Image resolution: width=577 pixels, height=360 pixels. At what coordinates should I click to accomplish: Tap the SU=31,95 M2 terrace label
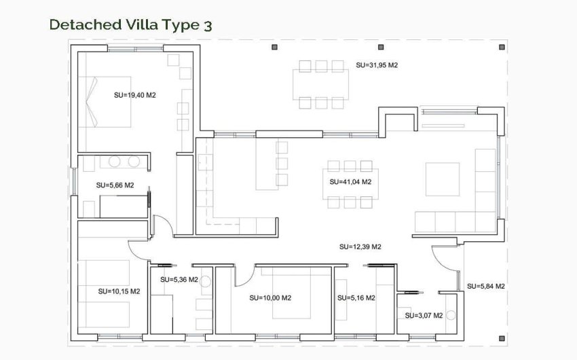pyautogui.click(x=376, y=66)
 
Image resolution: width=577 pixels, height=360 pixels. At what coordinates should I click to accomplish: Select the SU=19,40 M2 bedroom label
pyautogui.click(x=135, y=95)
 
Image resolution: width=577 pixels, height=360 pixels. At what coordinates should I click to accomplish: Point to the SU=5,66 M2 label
pyautogui.click(x=115, y=185)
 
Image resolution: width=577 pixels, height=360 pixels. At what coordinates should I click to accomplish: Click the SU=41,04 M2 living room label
pyautogui.click(x=350, y=182)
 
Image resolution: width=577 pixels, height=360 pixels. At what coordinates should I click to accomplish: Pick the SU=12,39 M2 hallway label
pyautogui.click(x=359, y=247)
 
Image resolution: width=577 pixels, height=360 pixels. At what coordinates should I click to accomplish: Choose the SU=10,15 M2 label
pyautogui.click(x=119, y=291)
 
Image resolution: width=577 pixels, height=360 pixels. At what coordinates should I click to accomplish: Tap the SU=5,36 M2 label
pyautogui.click(x=179, y=279)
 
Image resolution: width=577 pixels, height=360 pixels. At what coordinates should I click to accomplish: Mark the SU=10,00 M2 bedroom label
pyautogui.click(x=270, y=298)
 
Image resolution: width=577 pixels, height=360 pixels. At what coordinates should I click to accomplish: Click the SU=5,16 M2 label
pyautogui.click(x=356, y=298)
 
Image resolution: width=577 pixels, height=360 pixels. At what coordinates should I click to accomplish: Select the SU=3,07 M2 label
pyautogui.click(x=424, y=315)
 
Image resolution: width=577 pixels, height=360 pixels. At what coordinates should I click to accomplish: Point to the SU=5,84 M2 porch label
pyautogui.click(x=485, y=286)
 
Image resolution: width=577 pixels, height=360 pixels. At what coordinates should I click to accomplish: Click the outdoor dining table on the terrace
pyautogui.click(x=322, y=84)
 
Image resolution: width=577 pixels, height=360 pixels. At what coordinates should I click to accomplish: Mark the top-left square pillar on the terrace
pyautogui.click(x=275, y=48)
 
